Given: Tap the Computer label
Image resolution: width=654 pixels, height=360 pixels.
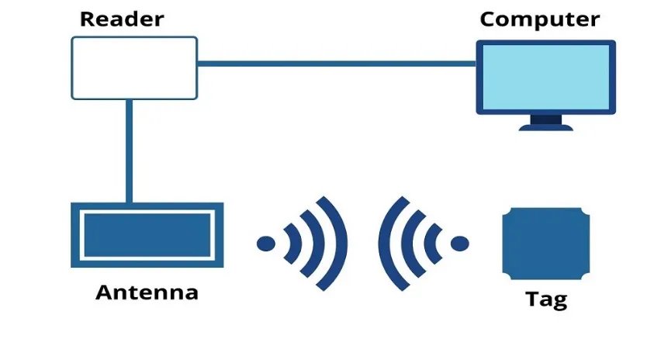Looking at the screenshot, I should tap(539, 19).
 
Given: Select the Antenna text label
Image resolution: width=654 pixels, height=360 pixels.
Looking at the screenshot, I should tap(147, 292).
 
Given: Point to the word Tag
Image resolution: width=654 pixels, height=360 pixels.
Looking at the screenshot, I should tap(546, 299).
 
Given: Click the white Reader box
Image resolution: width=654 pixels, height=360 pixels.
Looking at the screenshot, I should tap(134, 68).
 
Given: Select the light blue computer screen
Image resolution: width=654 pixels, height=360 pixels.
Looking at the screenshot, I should tap(545, 77).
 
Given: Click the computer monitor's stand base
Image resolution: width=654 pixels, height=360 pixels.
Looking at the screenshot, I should tap(545, 126).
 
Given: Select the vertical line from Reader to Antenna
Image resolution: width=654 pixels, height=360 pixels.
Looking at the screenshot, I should tap(129, 151).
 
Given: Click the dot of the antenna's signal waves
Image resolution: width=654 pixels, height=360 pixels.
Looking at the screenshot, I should tap(266, 244).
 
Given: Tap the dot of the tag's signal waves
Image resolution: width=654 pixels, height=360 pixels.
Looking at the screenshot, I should tap(460, 244).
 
